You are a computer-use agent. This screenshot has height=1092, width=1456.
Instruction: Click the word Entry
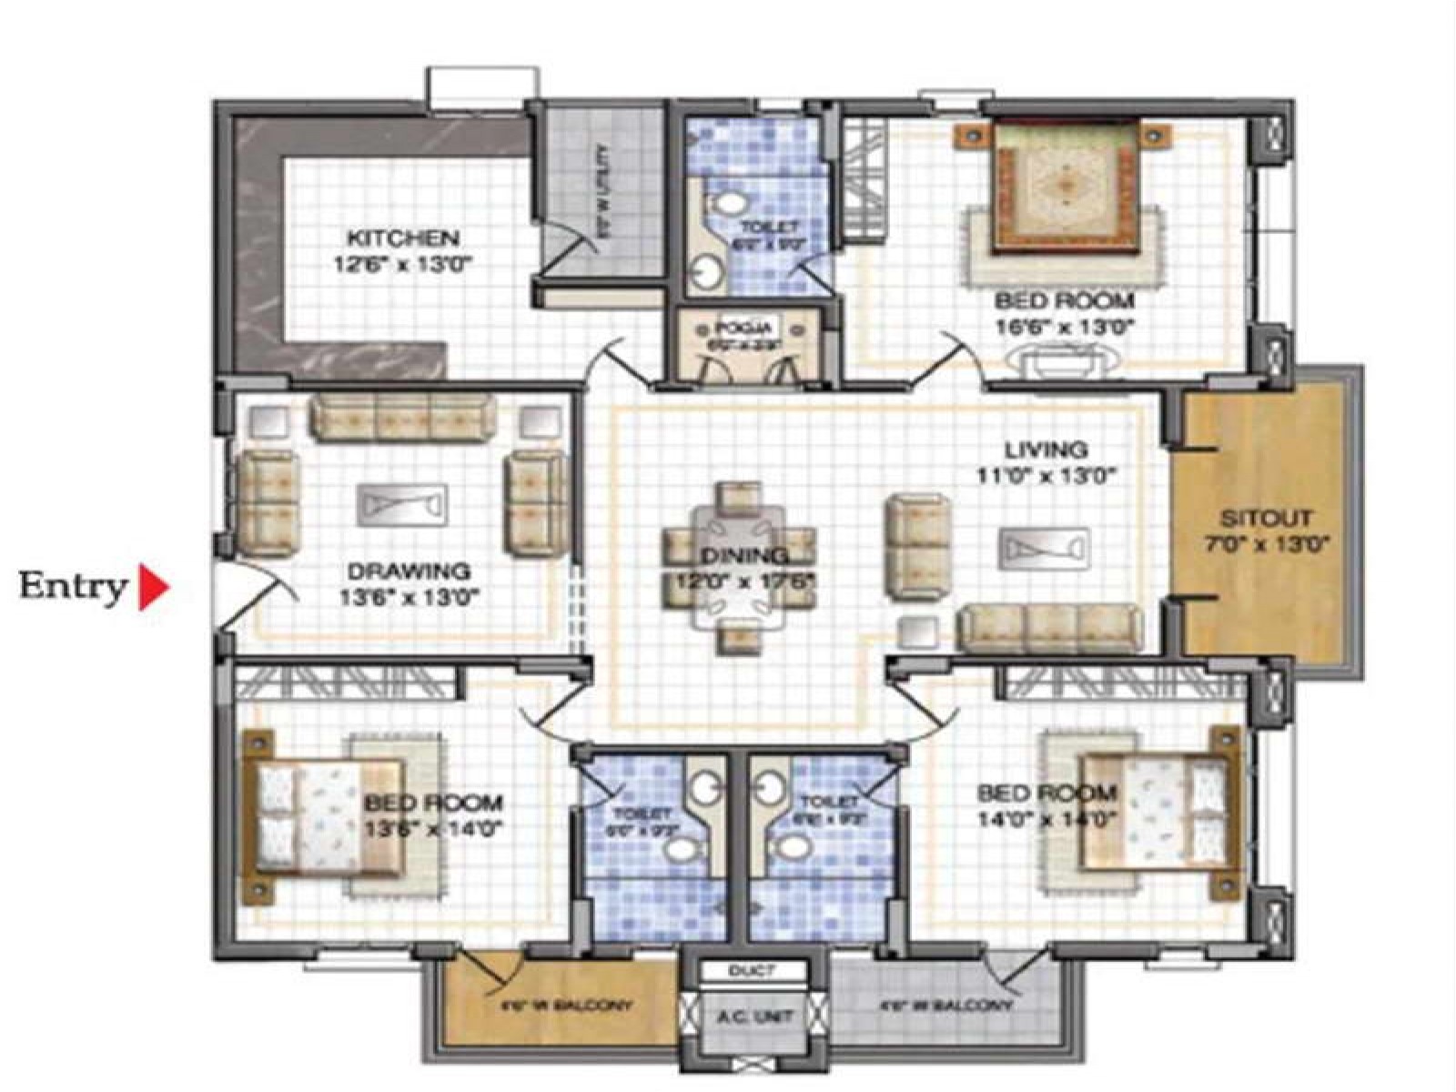coord(72,587)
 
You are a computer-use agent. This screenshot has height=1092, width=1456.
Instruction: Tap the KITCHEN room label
coord(404,238)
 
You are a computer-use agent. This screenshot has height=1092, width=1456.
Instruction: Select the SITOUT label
coord(1266,519)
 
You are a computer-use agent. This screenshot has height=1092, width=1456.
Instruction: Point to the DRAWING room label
coord(409,571)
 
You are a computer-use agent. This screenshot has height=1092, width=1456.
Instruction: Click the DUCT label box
coord(752,971)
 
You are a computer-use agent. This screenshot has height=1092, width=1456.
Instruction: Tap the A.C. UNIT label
coord(754,1016)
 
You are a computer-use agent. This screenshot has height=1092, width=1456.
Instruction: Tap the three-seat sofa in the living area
coord(1051,628)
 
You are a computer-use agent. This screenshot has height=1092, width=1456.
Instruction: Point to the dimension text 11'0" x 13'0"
coord(1046,474)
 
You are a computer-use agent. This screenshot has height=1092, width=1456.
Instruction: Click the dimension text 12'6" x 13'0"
coord(404,265)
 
